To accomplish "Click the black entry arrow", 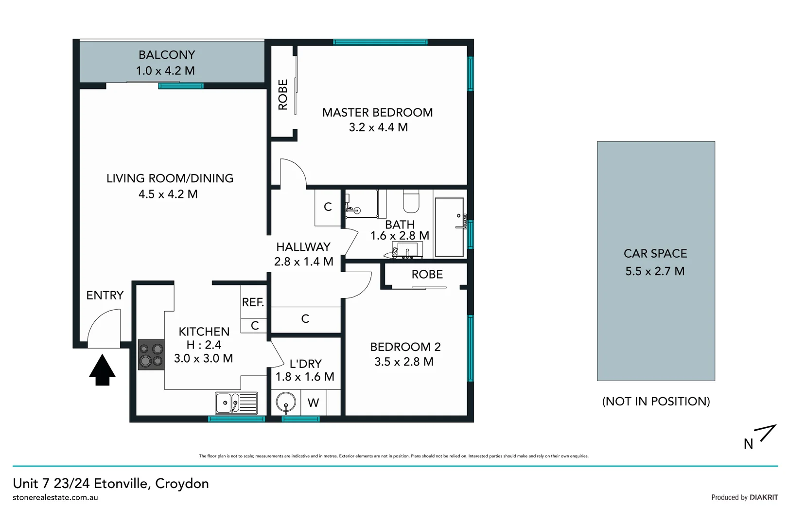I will [102, 370].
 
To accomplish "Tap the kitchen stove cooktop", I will [151, 355].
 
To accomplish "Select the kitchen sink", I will [236, 403].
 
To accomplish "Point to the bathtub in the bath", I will [449, 227].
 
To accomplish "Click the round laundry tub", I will [286, 403].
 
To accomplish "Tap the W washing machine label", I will [314, 403].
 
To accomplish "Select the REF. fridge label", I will [253, 302].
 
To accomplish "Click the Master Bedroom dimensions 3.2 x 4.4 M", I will [378, 127].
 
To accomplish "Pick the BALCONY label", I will [167, 55].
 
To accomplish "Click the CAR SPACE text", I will [655, 254].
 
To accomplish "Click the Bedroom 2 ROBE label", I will [427, 275].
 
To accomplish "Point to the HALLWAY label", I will [303, 247].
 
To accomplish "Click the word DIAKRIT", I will [764, 497].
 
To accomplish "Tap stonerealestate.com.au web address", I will [55, 497].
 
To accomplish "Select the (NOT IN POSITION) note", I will [656, 402].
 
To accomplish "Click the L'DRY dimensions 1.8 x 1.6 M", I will [305, 377].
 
